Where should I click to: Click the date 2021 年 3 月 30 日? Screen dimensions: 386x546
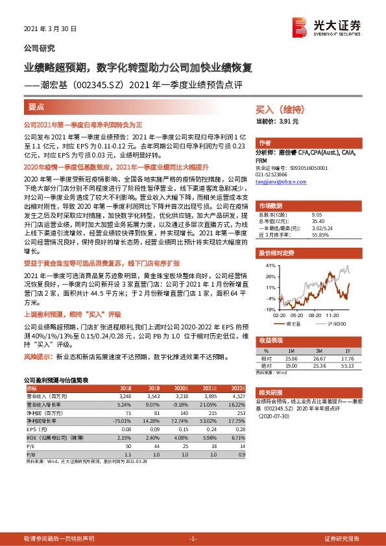click(x=50, y=29)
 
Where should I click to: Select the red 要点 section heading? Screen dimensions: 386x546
click(x=37, y=106)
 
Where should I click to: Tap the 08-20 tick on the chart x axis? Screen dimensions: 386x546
click(x=315, y=315)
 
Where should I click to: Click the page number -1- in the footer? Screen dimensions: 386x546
click(x=193, y=538)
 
